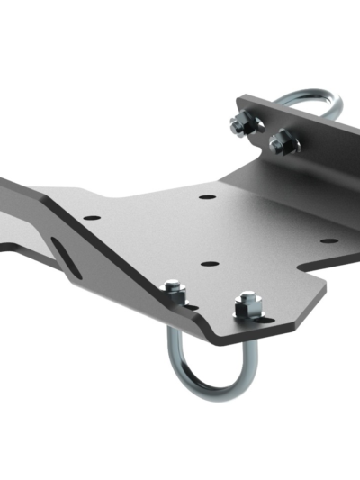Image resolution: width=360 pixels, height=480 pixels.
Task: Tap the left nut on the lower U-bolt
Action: pos(175,294)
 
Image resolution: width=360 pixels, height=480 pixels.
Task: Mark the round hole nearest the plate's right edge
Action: pos(329,240)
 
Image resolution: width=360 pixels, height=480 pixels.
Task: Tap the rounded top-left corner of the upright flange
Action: pos(241,101)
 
